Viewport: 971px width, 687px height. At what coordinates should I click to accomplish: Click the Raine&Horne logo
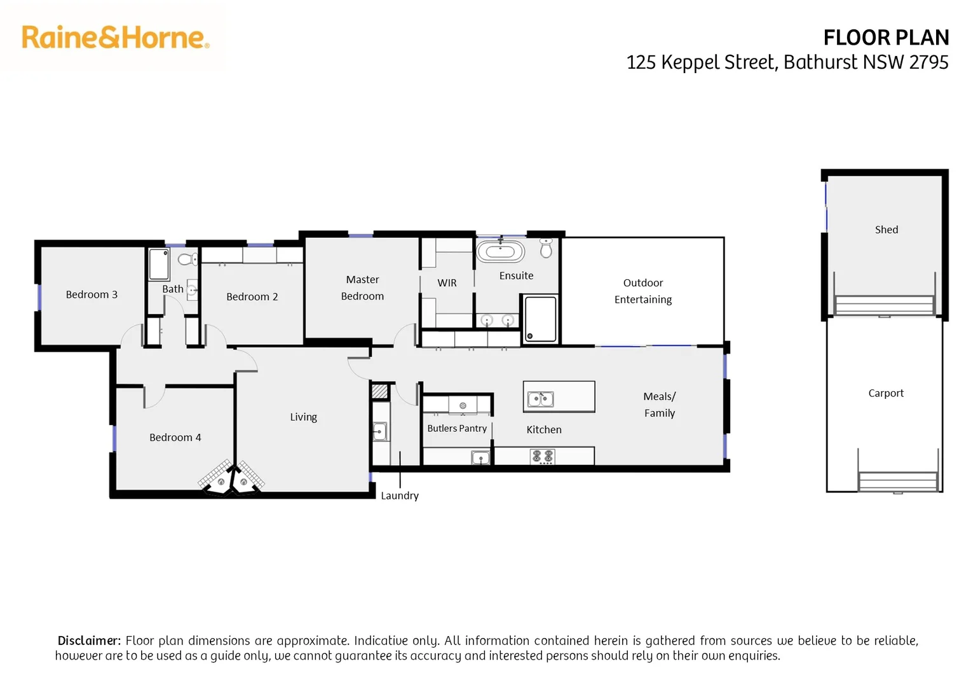(x=115, y=38)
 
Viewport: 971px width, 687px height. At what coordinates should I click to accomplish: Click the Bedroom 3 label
(x=92, y=295)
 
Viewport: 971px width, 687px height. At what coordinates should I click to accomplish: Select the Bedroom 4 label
(x=175, y=438)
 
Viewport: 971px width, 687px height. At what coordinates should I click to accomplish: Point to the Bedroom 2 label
(x=252, y=297)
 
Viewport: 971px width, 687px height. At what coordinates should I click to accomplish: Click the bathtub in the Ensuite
(x=500, y=251)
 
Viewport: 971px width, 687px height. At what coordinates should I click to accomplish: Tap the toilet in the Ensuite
(x=546, y=248)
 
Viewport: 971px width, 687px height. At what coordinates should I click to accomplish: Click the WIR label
(x=447, y=283)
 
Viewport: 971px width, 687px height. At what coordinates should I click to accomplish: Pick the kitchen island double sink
(x=540, y=399)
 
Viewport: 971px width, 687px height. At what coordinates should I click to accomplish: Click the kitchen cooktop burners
(x=543, y=456)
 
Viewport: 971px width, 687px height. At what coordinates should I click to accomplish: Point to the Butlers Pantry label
(x=457, y=429)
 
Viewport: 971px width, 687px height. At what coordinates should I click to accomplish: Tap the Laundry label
(x=400, y=496)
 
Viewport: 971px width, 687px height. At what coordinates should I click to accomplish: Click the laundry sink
(x=379, y=432)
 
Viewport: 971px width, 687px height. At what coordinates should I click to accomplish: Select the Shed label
(x=886, y=230)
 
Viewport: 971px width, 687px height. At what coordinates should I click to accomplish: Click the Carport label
(x=885, y=393)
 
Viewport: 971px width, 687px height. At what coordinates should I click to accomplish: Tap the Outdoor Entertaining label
(x=642, y=291)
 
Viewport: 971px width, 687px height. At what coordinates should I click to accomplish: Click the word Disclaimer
(x=89, y=641)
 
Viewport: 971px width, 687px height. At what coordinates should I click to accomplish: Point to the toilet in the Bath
(x=187, y=259)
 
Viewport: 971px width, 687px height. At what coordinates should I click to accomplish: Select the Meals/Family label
(x=659, y=405)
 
